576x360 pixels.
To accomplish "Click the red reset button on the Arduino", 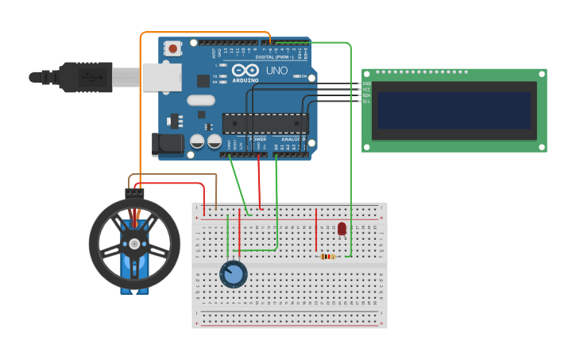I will (x=173, y=48).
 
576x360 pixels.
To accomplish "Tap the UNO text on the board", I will (x=276, y=71).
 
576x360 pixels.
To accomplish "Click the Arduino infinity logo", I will (x=245, y=71).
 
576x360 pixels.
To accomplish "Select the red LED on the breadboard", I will (x=342, y=229).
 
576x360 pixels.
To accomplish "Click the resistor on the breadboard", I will (x=327, y=256).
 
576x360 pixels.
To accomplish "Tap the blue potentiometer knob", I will (x=233, y=275).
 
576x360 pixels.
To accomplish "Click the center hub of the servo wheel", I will (x=134, y=243).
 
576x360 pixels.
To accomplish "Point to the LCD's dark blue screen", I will (x=454, y=110).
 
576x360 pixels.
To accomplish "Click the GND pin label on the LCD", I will (x=366, y=83).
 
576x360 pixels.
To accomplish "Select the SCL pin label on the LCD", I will (x=366, y=101).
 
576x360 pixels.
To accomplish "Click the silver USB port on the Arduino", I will (x=161, y=77).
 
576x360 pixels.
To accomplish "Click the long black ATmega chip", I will (x=265, y=123).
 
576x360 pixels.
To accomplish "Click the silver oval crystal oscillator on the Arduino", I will (x=201, y=101).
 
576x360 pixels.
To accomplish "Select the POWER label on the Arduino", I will (x=257, y=139).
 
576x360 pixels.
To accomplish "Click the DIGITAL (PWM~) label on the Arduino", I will (x=270, y=57).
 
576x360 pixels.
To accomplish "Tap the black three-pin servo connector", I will (x=134, y=192).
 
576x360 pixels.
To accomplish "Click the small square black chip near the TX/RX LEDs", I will (x=203, y=80).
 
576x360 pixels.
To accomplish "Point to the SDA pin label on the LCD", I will (x=366, y=95).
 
